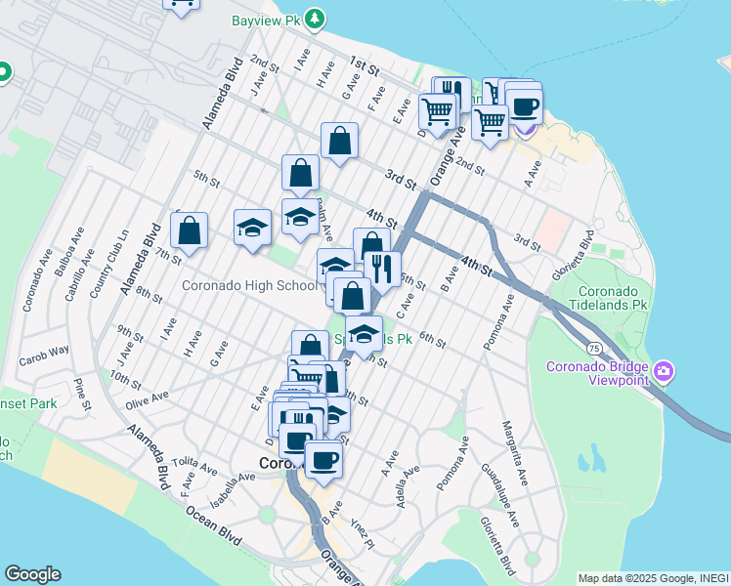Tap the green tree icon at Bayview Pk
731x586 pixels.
click(x=314, y=19)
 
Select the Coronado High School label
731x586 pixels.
click(x=249, y=285)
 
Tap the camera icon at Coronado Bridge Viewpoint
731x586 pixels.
click(x=664, y=371)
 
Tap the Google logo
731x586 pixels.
click(x=31, y=574)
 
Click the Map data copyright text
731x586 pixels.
click(x=652, y=578)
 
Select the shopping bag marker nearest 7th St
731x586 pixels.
click(x=190, y=230)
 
